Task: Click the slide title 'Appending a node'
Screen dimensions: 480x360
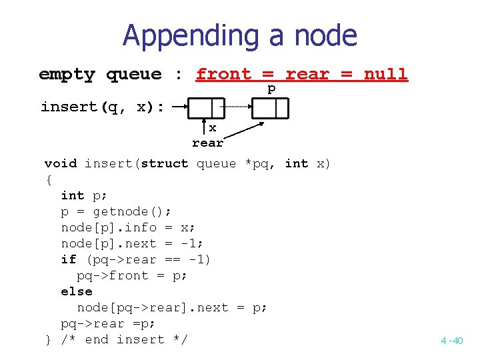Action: [239, 35]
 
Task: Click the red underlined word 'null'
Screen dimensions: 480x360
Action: [385, 74]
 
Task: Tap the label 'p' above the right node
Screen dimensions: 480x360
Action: [271, 89]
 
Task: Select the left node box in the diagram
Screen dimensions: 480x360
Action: [207, 107]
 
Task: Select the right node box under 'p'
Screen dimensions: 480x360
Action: [270, 107]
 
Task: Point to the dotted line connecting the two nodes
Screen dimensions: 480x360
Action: [236, 107]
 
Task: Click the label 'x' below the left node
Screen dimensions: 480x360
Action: [213, 127]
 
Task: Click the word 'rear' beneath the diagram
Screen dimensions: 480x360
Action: [207, 143]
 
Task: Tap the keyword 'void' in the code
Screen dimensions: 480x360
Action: [60, 163]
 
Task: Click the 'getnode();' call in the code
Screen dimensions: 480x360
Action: [132, 211]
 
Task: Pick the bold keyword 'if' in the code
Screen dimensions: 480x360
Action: [68, 259]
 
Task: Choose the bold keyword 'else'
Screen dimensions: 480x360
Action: [76, 291]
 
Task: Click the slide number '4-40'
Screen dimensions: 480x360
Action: [451, 341]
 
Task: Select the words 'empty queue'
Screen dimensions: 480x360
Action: [100, 74]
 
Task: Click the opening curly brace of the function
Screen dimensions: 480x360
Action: [48, 179]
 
